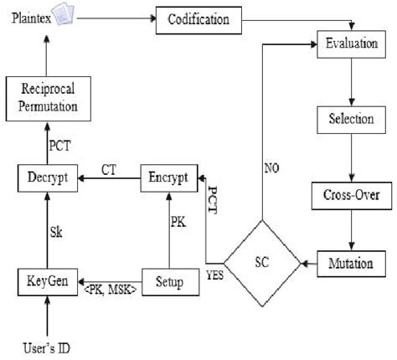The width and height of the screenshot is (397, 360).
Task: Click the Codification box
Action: [199, 18]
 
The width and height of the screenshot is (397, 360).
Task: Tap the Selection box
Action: [350, 119]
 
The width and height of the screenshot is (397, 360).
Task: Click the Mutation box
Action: [350, 263]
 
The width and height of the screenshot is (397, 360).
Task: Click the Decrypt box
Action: [48, 177]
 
